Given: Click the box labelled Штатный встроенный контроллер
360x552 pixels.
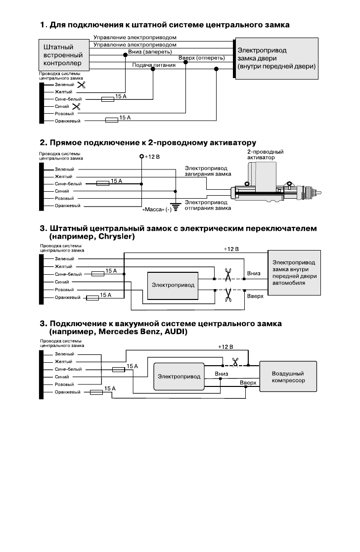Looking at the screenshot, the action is coord(64,55).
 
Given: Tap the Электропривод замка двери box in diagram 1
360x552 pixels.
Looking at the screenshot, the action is coord(276,58).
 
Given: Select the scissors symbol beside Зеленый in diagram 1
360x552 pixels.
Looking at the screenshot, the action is coord(82,85).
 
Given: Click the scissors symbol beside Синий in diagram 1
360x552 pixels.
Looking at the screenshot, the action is coord(77,106).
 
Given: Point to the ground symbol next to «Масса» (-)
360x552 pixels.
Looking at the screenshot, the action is coord(176,206).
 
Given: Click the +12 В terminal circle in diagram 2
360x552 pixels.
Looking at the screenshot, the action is coord(141,156).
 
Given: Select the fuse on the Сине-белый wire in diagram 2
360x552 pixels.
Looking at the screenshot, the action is coord(102,183).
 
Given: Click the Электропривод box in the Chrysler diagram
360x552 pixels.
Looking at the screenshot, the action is coord(173,285).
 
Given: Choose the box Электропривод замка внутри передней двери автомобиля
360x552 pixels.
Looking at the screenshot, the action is coord(295,272).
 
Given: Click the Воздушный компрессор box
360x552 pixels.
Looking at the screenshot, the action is coord(288,377).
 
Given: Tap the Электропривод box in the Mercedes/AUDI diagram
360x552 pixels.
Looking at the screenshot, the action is coord(179,377).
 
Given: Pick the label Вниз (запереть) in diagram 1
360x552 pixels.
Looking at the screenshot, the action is coord(150,52).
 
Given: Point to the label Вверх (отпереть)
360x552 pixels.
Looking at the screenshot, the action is coord(201,58).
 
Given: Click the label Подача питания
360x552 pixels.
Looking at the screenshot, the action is coord(154,65).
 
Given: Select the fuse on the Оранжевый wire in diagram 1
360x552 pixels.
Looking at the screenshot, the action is coord(112,121).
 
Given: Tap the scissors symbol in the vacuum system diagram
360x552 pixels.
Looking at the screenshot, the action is coord(235,362).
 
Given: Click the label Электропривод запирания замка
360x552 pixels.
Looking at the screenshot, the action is coord(208,171).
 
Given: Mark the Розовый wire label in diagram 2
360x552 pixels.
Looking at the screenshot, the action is coord(64,199).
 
